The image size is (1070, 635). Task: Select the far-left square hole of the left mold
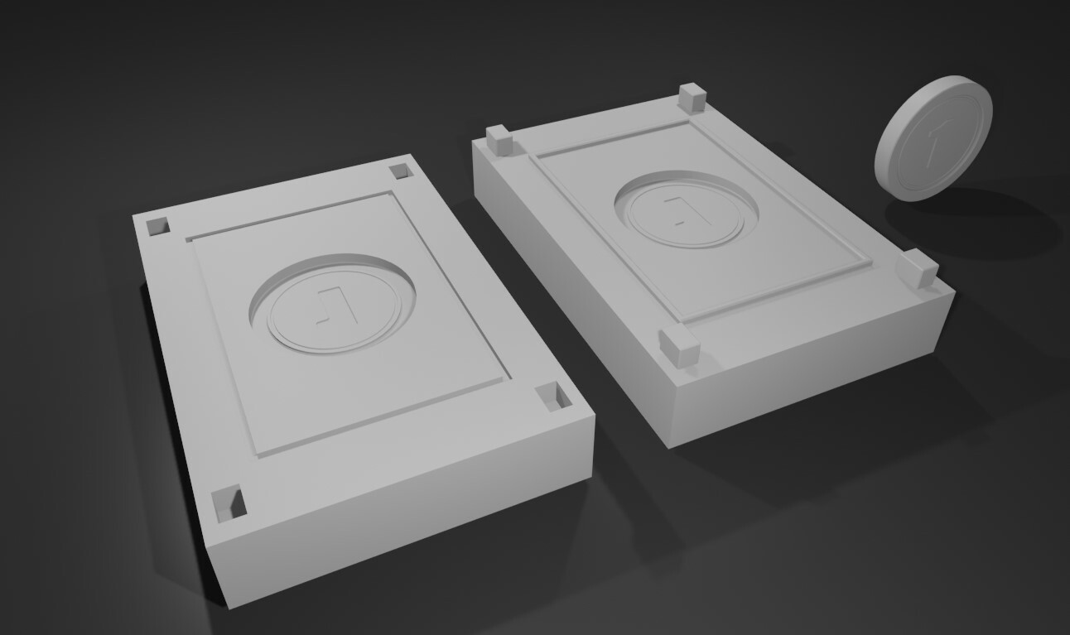[x=157, y=226]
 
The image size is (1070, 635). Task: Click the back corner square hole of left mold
[x=400, y=171]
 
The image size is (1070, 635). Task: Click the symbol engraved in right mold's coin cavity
[x=678, y=209]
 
